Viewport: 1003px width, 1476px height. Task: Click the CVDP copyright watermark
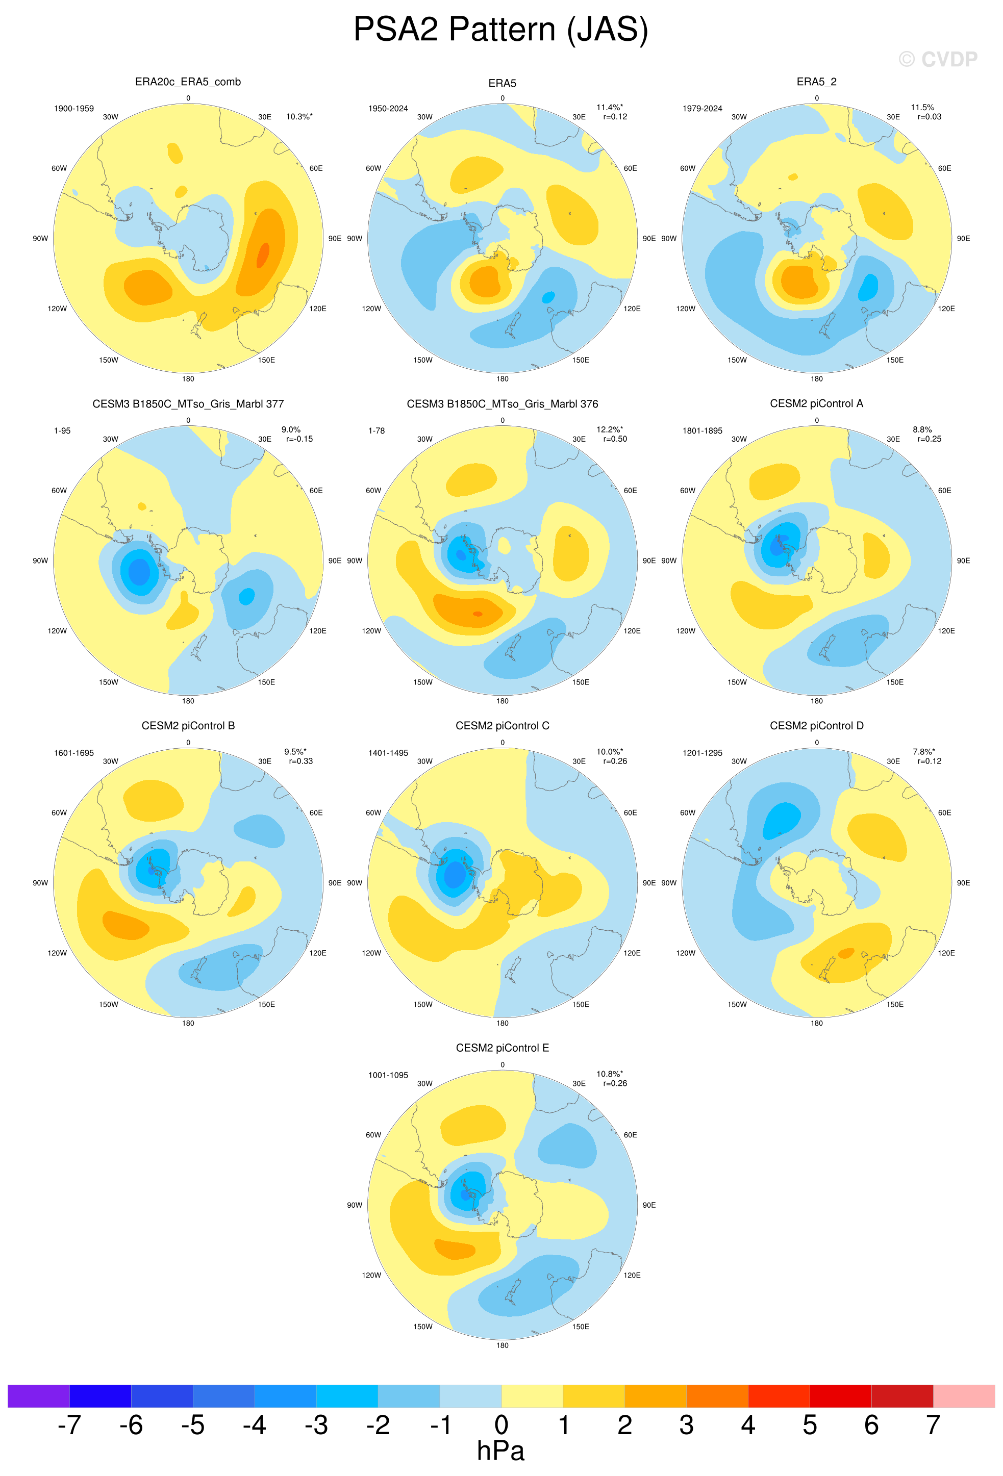click(x=938, y=59)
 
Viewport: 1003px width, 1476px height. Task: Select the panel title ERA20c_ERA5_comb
click(x=188, y=82)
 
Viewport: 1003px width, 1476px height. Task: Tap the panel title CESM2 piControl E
click(x=503, y=1048)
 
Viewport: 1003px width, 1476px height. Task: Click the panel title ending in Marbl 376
click(x=503, y=404)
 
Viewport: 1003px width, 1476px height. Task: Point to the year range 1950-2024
click(x=388, y=109)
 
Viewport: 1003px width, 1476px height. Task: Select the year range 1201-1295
click(x=703, y=753)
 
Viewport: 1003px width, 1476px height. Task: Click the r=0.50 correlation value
click(x=615, y=439)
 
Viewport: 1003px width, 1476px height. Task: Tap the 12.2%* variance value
click(x=610, y=429)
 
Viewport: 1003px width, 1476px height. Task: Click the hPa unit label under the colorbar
click(x=500, y=1451)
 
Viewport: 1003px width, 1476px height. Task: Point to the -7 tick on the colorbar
click(x=69, y=1425)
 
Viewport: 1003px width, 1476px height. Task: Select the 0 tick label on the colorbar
click(x=501, y=1425)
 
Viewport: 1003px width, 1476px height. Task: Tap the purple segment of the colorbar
click(x=38, y=1396)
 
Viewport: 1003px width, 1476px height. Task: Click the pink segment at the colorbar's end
click(x=964, y=1396)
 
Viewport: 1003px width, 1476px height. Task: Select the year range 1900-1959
click(x=73, y=109)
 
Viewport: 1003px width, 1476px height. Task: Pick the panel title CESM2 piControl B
click(x=188, y=726)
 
